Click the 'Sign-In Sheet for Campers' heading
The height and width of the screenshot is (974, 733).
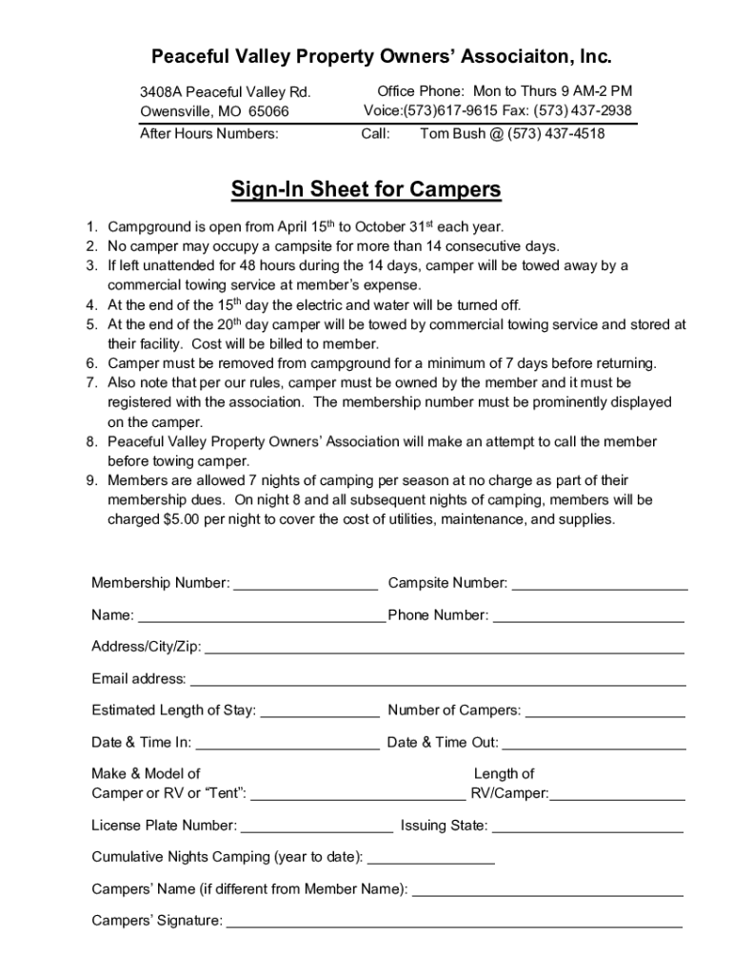click(366, 190)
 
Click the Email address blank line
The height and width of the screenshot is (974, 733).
click(437, 680)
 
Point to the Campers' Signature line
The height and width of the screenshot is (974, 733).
click(454, 921)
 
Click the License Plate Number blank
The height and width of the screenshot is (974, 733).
click(317, 826)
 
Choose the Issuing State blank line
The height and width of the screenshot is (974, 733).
click(587, 826)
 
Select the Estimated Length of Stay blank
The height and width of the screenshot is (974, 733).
click(319, 711)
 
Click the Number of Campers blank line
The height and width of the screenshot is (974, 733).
click(604, 711)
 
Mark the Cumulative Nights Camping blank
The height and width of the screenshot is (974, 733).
click(430, 858)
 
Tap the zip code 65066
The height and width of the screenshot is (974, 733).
click(268, 111)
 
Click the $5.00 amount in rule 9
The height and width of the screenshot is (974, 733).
click(183, 519)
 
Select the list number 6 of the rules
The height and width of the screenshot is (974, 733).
click(91, 363)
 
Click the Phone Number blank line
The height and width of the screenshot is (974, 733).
click(588, 616)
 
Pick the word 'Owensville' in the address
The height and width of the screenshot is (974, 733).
click(176, 111)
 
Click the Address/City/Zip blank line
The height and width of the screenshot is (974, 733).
click(444, 649)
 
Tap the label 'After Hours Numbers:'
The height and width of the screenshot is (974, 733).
click(209, 134)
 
